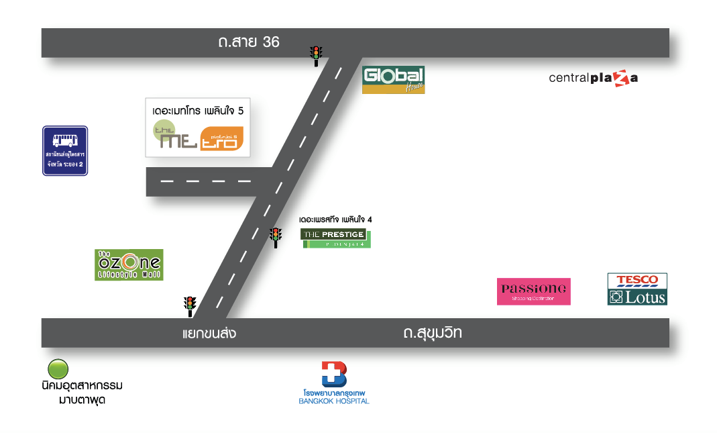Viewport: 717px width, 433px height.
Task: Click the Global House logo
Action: [x=393, y=80]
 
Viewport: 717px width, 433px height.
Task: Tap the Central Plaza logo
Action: [x=593, y=78]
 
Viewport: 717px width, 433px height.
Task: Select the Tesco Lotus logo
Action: [x=637, y=289]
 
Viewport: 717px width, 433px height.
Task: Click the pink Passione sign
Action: [x=533, y=291]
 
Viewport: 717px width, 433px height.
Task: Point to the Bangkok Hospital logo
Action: [x=334, y=374]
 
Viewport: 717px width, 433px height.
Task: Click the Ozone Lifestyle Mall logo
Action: [x=129, y=264]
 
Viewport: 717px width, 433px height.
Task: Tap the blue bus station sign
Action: [x=65, y=150]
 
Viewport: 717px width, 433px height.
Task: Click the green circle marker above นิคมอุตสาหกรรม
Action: [x=58, y=369]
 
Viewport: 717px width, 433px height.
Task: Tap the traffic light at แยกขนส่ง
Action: [x=190, y=305]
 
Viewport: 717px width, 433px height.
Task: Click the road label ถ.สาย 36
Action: [x=248, y=42]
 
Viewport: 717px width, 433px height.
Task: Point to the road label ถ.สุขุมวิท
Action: [x=433, y=332]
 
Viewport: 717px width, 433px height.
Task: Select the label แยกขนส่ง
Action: [x=209, y=333]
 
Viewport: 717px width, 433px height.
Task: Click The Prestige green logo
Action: [x=335, y=238]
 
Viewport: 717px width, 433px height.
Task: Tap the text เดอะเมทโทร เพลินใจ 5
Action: [x=198, y=109]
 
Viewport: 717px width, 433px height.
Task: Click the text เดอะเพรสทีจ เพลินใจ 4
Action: [x=335, y=220]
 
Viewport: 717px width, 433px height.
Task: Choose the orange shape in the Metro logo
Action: [x=221, y=139]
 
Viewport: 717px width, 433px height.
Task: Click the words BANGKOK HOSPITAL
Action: [x=334, y=401]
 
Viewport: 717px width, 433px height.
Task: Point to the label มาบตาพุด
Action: [x=82, y=400]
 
